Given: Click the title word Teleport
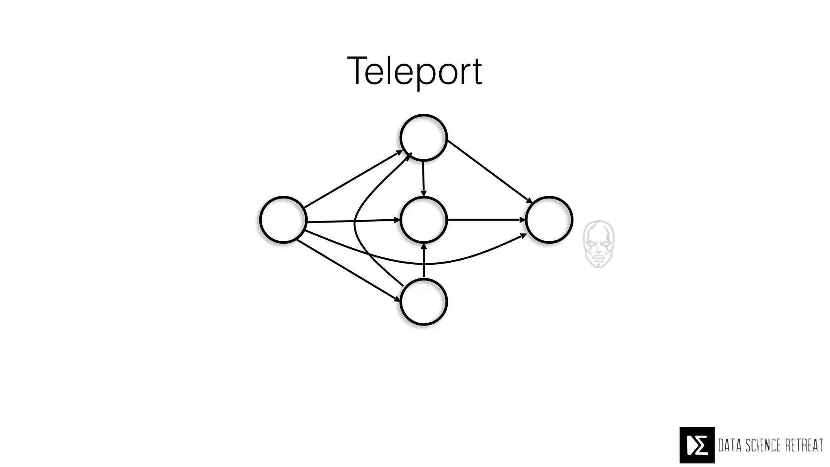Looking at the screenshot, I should [x=415, y=71].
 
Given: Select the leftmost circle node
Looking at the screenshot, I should [x=283, y=220].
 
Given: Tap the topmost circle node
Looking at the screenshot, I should [x=424, y=138].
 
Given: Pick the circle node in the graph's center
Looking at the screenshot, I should [x=424, y=220].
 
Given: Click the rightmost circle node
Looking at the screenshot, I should [x=549, y=220].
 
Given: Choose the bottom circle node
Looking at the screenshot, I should [x=424, y=302].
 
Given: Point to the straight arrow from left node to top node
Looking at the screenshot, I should [x=353, y=179].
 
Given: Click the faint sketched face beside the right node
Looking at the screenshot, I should [x=599, y=244].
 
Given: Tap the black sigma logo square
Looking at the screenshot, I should [x=697, y=445].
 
